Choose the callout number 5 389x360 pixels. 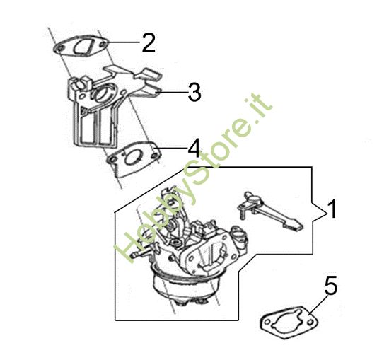331,287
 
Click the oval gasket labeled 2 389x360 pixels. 82,47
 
